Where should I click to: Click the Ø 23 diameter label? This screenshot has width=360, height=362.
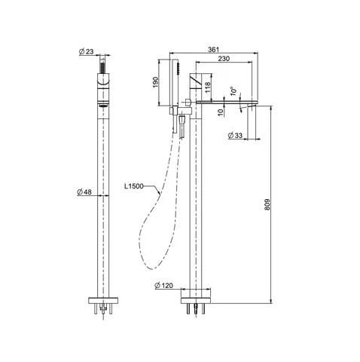[x=86, y=51]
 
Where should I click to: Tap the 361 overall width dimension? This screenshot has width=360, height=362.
[x=213, y=50]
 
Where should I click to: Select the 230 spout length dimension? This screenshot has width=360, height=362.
[x=224, y=59]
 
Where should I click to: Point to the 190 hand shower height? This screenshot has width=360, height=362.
[x=156, y=82]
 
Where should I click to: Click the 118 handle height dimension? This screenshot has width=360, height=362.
[x=208, y=87]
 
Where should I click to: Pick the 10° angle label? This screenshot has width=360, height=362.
[x=233, y=91]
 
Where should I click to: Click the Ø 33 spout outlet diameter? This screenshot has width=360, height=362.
[x=235, y=135]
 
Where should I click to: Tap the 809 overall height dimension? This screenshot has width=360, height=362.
[x=267, y=204]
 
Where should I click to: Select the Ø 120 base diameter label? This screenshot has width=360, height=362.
[x=163, y=285]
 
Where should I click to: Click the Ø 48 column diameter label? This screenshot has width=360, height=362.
[x=84, y=192]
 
